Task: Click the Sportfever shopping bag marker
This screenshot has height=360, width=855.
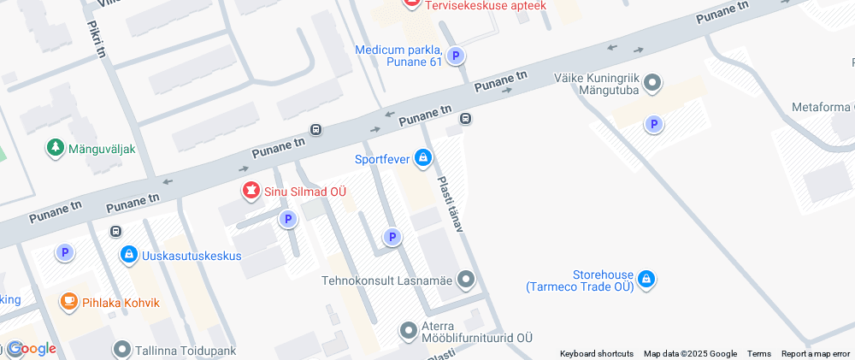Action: pyautogui.click(x=422, y=158)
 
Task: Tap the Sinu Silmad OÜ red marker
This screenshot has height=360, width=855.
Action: pyautogui.click(x=251, y=191)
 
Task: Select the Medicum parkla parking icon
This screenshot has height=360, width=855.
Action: pyautogui.click(x=457, y=56)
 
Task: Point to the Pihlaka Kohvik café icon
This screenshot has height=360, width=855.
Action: pyautogui.click(x=68, y=302)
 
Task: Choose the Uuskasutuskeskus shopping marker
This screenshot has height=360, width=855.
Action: pyautogui.click(x=128, y=254)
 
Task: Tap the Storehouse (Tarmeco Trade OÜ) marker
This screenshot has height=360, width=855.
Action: pyautogui.click(x=646, y=280)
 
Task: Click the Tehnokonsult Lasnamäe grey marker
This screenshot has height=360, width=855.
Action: pyautogui.click(x=466, y=279)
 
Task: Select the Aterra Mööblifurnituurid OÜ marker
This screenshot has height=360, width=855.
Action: pyautogui.click(x=409, y=329)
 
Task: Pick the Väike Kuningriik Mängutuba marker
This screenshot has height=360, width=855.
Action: pyautogui.click(x=652, y=83)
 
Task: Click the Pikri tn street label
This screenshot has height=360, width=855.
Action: pyautogui.click(x=96, y=39)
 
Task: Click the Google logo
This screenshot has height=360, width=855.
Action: pyautogui.click(x=32, y=349)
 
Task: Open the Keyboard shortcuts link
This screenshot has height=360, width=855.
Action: pyautogui.click(x=596, y=353)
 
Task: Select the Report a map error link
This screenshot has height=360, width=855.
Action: pyautogui.click(x=816, y=353)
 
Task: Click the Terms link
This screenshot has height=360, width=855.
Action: pyautogui.click(x=758, y=353)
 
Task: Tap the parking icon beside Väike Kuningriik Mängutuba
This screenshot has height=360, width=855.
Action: pyautogui.click(x=654, y=125)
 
